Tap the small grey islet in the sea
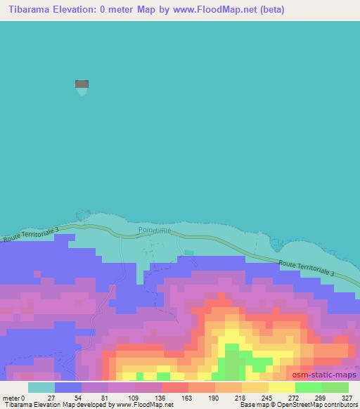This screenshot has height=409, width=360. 82,85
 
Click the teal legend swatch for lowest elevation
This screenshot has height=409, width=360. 41,387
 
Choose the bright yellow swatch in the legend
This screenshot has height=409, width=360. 281,387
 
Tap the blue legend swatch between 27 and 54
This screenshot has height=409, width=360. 68,387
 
